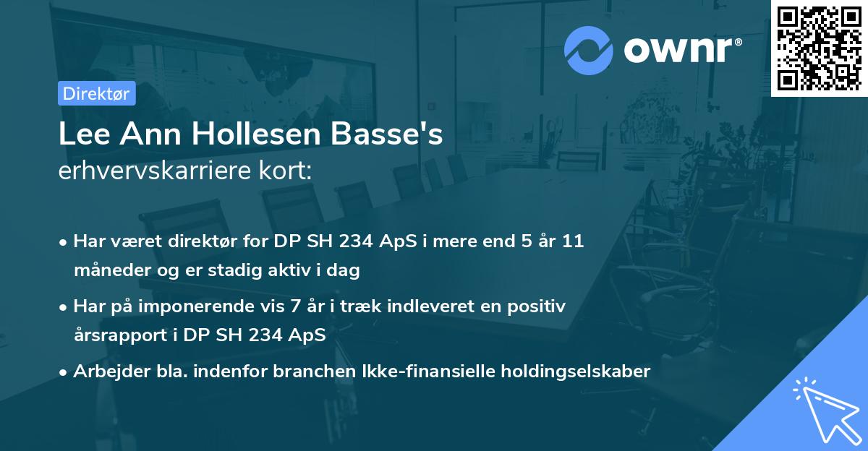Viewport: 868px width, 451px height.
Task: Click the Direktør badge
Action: tap(96, 93)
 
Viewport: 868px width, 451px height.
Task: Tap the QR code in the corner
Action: tap(819, 48)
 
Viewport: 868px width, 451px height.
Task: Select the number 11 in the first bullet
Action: tap(573, 241)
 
